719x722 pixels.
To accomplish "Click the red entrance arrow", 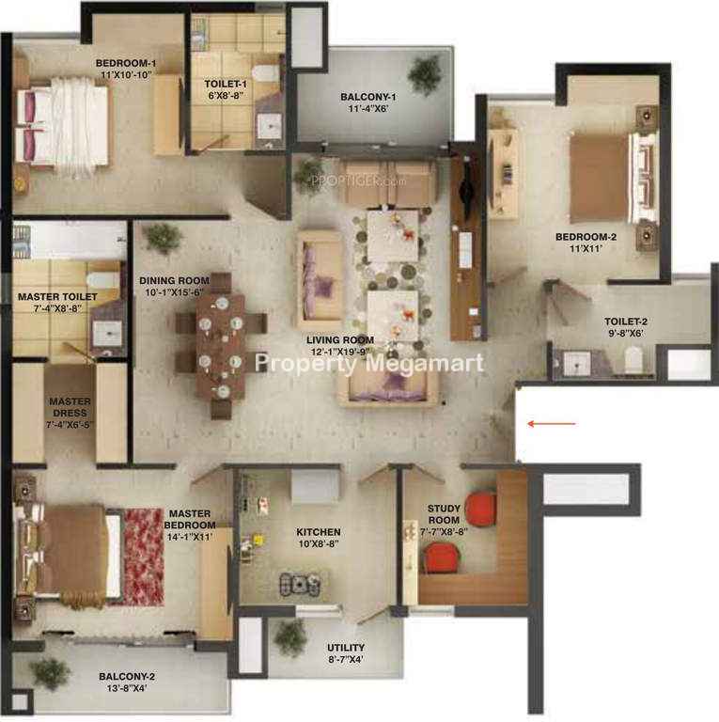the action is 552,424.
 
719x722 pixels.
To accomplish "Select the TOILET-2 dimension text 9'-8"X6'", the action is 626,333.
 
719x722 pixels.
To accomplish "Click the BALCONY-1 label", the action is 368,97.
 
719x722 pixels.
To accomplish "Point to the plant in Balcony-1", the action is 424,74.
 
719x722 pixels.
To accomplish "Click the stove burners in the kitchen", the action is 300,584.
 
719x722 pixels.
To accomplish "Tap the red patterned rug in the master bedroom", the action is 144,557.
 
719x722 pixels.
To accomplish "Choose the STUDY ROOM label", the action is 444,514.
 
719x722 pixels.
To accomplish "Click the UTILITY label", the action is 346,648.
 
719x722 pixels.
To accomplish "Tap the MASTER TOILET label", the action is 57,297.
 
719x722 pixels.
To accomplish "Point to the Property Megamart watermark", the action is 369,363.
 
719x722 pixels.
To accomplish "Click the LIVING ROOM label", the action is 340,339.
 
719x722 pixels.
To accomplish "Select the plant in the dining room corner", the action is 163,238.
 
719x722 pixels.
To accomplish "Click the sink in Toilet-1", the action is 269,125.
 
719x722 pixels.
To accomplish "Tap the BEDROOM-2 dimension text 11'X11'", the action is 586,248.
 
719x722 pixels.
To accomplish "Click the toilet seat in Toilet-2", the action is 633,359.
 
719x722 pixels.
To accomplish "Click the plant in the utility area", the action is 290,637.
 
